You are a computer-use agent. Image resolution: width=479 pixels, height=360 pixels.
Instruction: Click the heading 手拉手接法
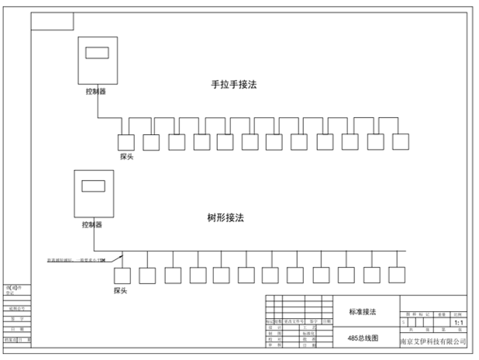pyautogui.click(x=233, y=85)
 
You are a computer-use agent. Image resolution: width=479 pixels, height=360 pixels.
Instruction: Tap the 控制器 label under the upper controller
pyautogui.click(x=97, y=92)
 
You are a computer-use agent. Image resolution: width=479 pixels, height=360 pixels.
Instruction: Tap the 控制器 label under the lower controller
pyautogui.click(x=91, y=225)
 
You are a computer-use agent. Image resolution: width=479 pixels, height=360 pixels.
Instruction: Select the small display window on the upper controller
pyautogui.click(x=97, y=54)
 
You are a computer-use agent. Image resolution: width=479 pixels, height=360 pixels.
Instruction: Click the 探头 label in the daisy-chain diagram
pyautogui.click(x=128, y=156)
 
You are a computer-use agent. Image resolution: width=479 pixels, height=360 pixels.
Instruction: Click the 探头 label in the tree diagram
pyautogui.click(x=120, y=290)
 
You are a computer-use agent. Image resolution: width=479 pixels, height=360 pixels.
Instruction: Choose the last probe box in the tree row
pyautogui.click(x=397, y=275)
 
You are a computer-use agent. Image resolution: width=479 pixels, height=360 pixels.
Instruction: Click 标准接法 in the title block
pyautogui.click(x=361, y=311)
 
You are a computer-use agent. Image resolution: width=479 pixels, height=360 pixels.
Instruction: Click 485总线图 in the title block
pyautogui.click(x=361, y=340)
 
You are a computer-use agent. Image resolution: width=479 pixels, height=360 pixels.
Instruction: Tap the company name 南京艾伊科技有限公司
pyautogui.click(x=433, y=341)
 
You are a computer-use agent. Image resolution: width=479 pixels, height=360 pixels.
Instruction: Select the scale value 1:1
pyautogui.click(x=459, y=321)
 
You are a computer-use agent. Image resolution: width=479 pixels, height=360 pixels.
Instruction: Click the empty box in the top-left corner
pyautogui.click(x=52, y=20)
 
